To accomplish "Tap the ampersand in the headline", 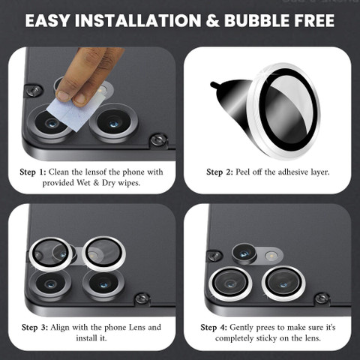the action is pyautogui.click(x=212, y=20).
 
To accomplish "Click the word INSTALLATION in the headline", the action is pyautogui.click(x=138, y=20).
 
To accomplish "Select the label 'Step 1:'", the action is pyautogui.click(x=33, y=172).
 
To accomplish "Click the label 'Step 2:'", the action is pyautogui.click(x=220, y=172).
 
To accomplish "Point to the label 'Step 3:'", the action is pyautogui.click(x=34, y=327).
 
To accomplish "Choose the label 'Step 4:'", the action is pyautogui.click(x=214, y=327).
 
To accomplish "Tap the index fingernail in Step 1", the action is pyautogui.click(x=63, y=95).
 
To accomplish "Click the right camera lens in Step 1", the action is pyautogui.click(x=113, y=122).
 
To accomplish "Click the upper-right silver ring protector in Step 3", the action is pyautogui.click(x=103, y=253).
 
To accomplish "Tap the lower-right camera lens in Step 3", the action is pyautogui.click(x=103, y=284).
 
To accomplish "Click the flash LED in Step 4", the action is pyautogui.click(x=270, y=256).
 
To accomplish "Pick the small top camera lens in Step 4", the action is pyautogui.click(x=244, y=253).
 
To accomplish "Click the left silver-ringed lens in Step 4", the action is pyautogui.click(x=230, y=284).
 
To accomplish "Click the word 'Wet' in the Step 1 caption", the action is pyautogui.click(x=84, y=183).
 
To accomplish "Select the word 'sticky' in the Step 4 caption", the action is pyautogui.click(x=265, y=338).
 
